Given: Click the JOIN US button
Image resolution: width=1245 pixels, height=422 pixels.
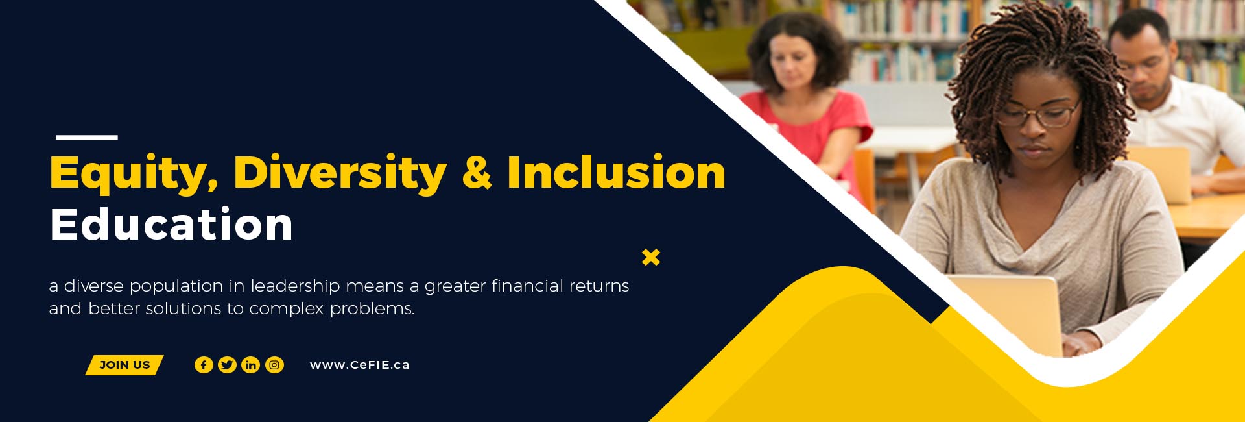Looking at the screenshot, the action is (x=124, y=365).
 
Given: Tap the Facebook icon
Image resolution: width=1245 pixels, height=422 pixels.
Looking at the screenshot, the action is (x=204, y=365).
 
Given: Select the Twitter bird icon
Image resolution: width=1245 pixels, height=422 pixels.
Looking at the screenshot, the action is (x=227, y=365).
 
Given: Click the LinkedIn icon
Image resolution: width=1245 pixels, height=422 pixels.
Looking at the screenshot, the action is (x=250, y=365).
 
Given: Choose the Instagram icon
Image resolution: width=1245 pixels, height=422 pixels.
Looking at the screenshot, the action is (x=274, y=365).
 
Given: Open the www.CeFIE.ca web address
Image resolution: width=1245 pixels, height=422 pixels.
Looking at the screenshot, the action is (x=360, y=365).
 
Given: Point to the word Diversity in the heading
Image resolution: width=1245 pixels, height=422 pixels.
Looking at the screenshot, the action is (x=340, y=173).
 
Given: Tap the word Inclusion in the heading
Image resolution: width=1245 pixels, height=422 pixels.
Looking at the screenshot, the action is (x=616, y=172).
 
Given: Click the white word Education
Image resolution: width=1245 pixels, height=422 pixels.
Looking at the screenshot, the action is (x=171, y=224).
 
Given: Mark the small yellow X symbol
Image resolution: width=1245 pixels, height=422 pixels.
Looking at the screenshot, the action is (x=651, y=257).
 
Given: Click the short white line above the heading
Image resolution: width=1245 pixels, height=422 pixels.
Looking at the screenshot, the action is (x=87, y=137).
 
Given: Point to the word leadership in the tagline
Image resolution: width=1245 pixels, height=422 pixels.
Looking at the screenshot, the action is (x=296, y=286).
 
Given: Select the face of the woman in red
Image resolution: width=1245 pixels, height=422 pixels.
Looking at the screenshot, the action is (x=792, y=64).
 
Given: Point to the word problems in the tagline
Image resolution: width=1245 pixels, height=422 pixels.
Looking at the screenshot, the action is (x=372, y=309).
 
